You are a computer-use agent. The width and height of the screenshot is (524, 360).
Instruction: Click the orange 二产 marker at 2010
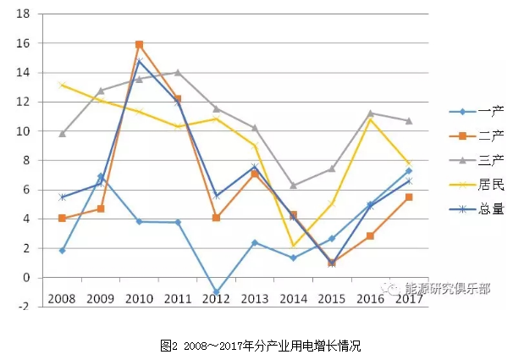pos(139,44)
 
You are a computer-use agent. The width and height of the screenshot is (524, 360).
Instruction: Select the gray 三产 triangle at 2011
pos(178,73)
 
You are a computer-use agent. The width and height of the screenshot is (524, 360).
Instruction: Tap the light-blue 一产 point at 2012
pos(216,291)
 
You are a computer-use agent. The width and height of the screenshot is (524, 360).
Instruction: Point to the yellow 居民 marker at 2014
pos(293,246)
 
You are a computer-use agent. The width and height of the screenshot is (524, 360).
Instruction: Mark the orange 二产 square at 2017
pos(408,197)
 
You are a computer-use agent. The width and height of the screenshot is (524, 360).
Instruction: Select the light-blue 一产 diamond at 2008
pos(62,251)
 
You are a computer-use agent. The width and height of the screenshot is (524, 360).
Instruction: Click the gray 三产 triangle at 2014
pos(293,185)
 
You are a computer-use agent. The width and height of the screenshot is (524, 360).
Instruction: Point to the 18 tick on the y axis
pos(23,14)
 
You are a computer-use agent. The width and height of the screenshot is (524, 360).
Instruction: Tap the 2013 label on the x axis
pos(254,299)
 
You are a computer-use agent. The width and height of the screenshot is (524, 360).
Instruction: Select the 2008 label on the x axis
pos(62,299)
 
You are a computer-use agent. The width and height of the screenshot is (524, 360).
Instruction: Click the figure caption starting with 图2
pos(261,345)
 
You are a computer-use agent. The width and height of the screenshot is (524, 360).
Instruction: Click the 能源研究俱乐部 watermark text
pos(447,288)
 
